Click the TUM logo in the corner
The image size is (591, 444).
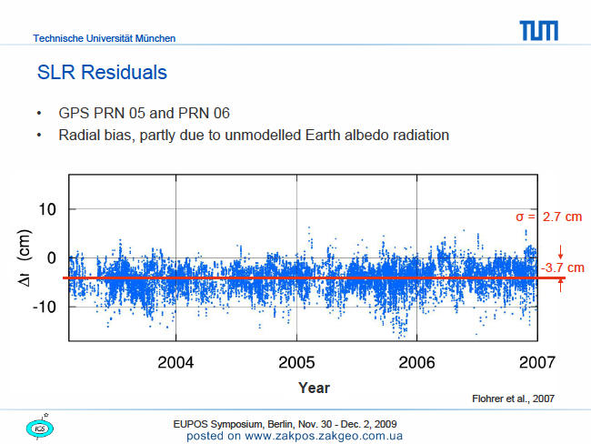point(538,31)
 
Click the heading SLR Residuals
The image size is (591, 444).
point(102,72)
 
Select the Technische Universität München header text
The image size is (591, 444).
point(105,38)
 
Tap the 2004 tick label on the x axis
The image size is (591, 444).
point(175,362)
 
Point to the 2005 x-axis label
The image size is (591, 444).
point(296,362)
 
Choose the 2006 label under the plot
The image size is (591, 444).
point(416,362)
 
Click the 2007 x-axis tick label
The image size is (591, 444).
point(537,362)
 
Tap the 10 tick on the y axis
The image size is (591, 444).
point(47,209)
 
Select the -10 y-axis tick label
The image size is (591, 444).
point(45,307)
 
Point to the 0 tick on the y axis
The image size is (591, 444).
point(52,258)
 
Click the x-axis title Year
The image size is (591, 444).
point(314,388)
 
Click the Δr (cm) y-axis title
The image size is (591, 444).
point(25,258)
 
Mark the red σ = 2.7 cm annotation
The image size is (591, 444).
point(549,217)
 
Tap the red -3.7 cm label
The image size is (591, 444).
point(563,267)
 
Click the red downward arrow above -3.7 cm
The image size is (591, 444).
point(560,252)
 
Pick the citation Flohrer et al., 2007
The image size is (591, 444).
point(514,399)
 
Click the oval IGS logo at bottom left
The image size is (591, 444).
point(40,429)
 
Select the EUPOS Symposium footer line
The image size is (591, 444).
point(285,424)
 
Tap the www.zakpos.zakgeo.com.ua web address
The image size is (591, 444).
point(324,436)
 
